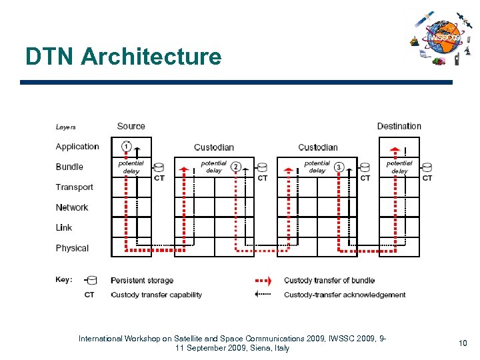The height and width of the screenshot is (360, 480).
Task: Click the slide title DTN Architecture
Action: click(x=123, y=57)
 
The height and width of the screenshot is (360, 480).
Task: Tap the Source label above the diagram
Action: click(x=131, y=126)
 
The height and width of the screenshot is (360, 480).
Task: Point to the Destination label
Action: click(x=399, y=126)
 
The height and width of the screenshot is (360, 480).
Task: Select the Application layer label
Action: click(x=77, y=147)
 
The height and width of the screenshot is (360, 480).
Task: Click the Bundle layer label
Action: click(x=69, y=167)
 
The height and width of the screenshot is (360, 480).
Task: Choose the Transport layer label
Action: click(x=74, y=187)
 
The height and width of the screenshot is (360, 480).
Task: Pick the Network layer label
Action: click(x=72, y=207)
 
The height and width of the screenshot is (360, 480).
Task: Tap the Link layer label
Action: click(x=64, y=227)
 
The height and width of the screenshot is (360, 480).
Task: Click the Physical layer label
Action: click(x=72, y=248)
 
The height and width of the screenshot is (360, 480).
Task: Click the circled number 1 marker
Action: click(x=126, y=147)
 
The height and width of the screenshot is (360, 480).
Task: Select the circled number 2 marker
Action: click(x=236, y=167)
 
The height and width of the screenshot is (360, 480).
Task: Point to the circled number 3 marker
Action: click(x=339, y=167)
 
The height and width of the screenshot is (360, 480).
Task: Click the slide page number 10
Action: click(x=463, y=343)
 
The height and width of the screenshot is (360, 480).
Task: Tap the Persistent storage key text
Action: click(x=142, y=281)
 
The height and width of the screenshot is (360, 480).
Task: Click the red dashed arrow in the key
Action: click(x=267, y=281)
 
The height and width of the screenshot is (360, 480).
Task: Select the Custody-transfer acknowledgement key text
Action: click(x=345, y=295)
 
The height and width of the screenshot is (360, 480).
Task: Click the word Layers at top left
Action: click(x=65, y=127)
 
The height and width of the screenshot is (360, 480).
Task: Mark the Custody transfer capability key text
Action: click(x=156, y=295)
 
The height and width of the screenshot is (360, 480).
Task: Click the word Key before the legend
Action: click(x=64, y=280)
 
